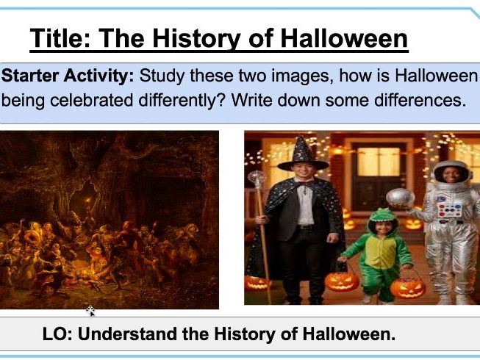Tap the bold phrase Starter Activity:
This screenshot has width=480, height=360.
click(x=68, y=76)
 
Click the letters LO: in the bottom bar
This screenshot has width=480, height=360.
click(x=57, y=334)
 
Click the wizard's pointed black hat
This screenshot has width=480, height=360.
click(x=303, y=155)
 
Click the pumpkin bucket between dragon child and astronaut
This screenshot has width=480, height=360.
click(x=408, y=285)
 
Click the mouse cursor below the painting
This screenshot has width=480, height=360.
click(x=90, y=311)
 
